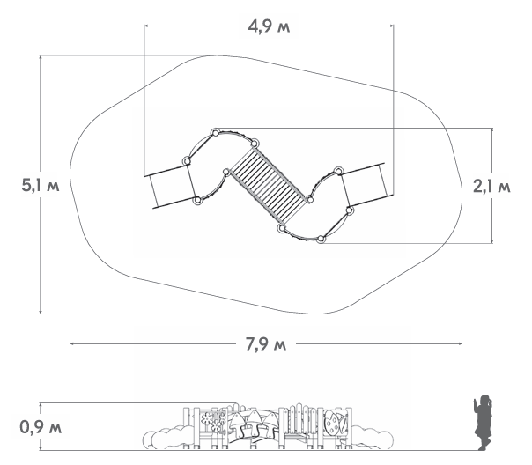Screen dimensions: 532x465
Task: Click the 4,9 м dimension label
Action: click(269, 26)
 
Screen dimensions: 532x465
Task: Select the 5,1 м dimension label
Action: click(41, 185)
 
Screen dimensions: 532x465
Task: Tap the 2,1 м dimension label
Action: click(491, 186)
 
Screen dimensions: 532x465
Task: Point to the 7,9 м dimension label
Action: click(266, 344)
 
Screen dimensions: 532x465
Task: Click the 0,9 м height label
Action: click(41, 427)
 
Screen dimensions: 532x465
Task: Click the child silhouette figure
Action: click(483, 423)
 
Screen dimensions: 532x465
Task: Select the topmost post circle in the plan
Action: click(215, 133)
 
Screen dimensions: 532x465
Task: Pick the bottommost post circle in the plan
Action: click(321, 240)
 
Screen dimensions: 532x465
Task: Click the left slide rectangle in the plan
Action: click(170, 186)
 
